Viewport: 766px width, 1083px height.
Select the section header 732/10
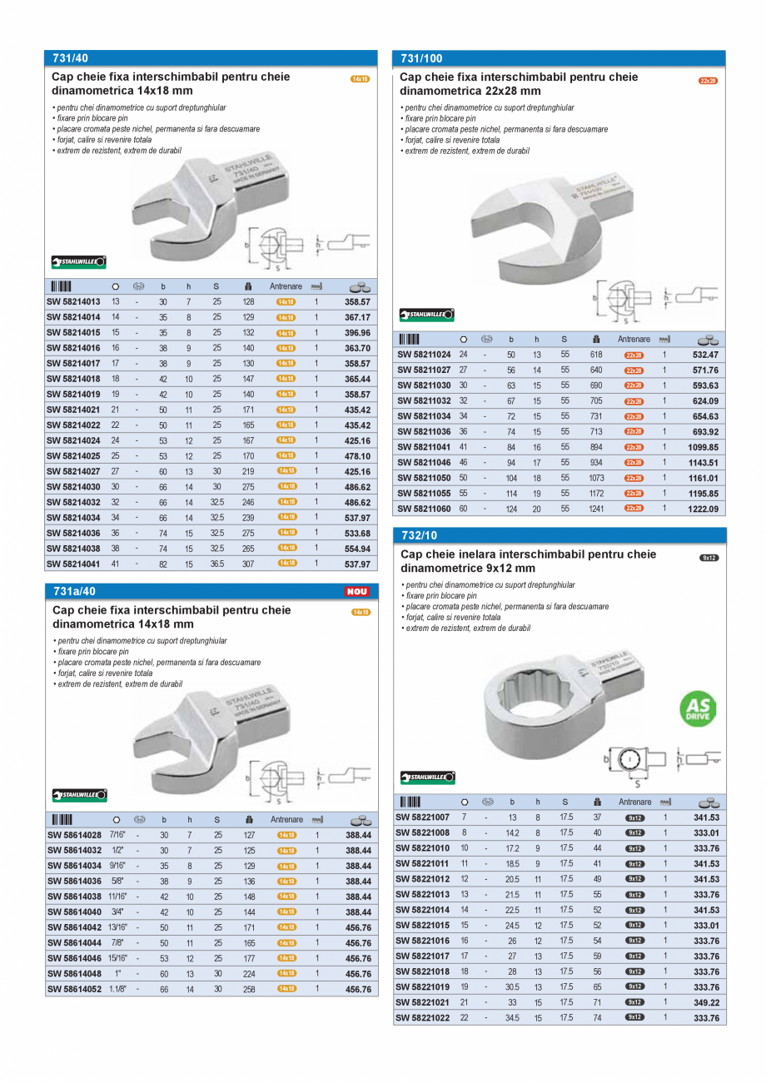(419, 535)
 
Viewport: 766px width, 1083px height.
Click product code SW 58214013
(73, 301)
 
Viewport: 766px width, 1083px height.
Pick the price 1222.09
(703, 509)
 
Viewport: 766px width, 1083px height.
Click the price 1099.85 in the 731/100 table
(703, 447)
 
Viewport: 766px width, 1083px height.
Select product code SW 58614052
(73, 989)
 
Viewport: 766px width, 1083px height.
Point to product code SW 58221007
(422, 817)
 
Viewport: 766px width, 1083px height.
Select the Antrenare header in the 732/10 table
(634, 802)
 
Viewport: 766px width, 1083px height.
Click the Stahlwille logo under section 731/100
(426, 315)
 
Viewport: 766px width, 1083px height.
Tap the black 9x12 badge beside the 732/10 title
(708, 558)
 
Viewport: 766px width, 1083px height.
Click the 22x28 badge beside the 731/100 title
(708, 81)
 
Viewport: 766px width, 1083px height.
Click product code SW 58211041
(424, 447)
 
